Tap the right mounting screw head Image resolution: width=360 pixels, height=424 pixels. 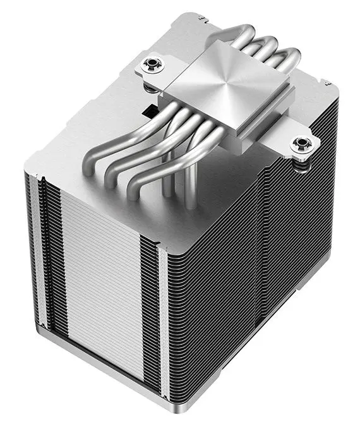click(300, 145)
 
